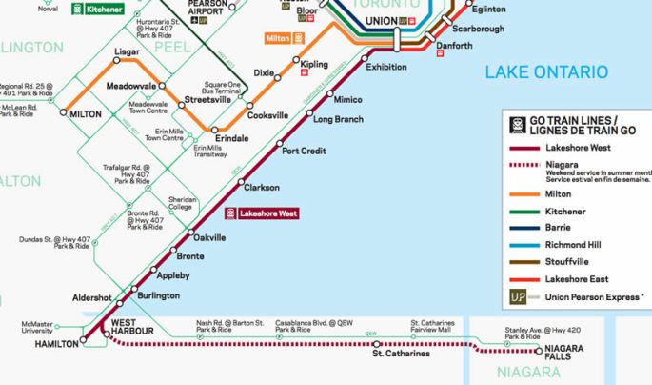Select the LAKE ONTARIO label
tap(545, 72)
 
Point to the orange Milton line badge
tap(284, 37)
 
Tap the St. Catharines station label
tap(400, 355)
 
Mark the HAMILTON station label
tap(55, 343)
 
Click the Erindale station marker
tap(215, 130)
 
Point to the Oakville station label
tap(209, 237)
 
